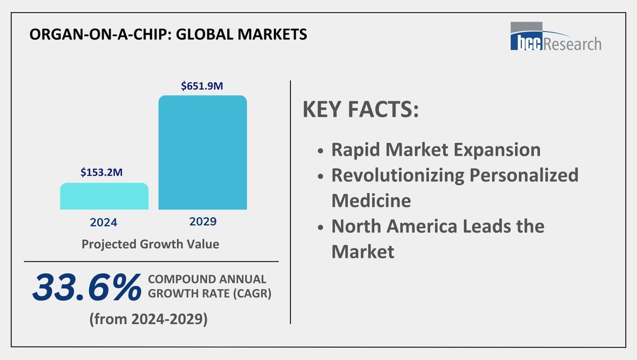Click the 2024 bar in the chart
click(104, 196)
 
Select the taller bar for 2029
click(203, 152)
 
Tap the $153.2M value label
click(104, 173)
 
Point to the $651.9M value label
click(203, 85)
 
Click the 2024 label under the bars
click(104, 221)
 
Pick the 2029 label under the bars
click(203, 221)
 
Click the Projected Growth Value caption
click(150, 245)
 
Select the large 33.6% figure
click(87, 289)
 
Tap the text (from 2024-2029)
click(148, 320)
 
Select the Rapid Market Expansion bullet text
click(436, 150)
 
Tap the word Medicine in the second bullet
click(371, 200)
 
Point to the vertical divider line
click(290, 202)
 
